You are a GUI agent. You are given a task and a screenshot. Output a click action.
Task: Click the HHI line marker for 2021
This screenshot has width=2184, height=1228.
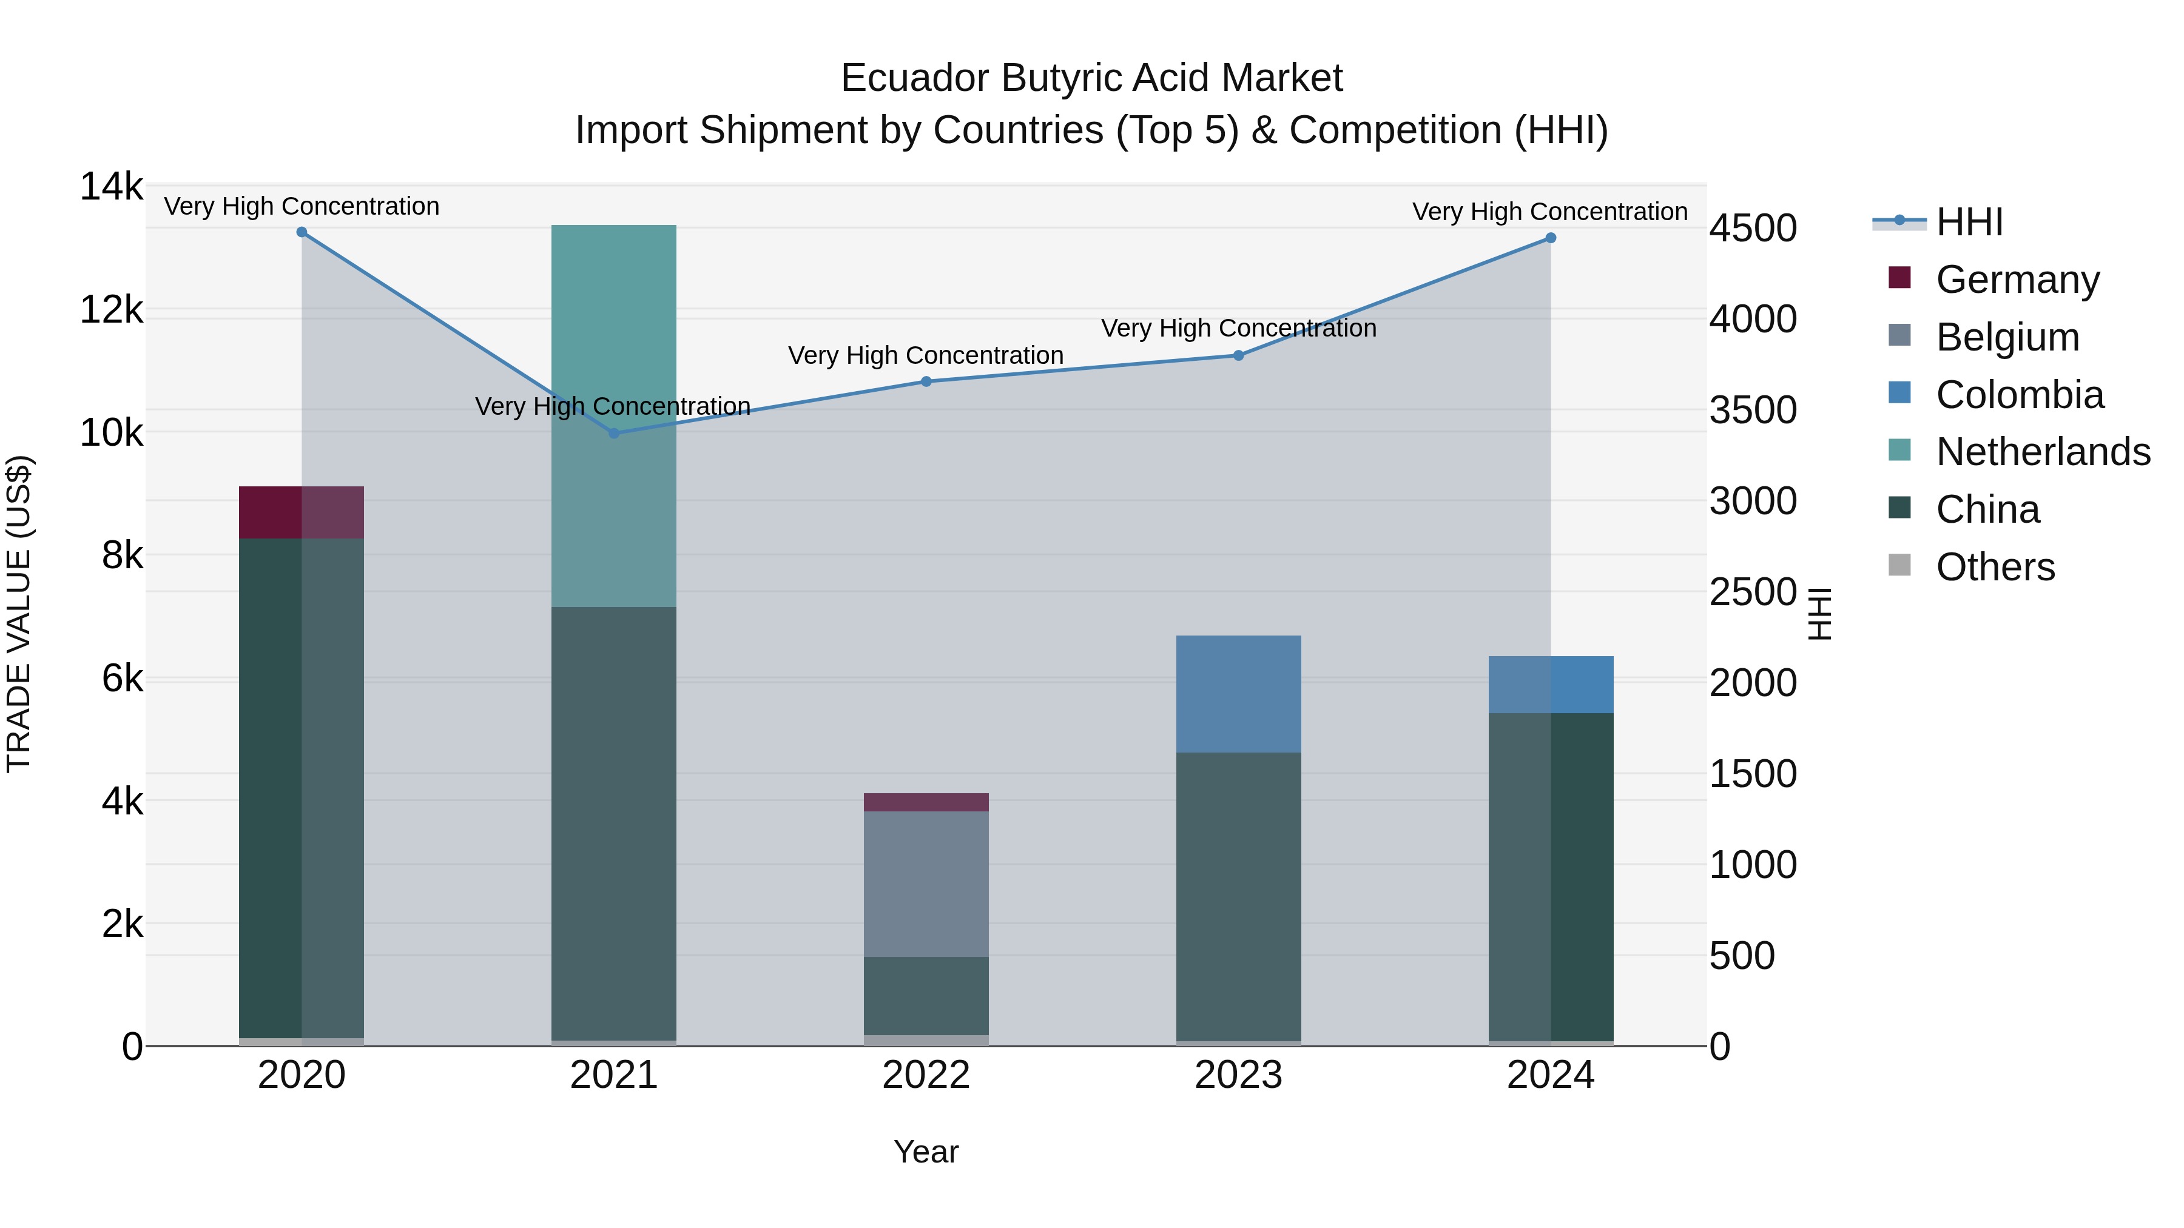(x=614, y=433)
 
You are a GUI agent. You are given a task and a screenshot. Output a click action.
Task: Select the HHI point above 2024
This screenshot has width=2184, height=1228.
(x=1551, y=238)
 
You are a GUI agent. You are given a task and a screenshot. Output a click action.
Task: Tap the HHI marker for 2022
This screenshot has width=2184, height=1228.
(x=926, y=381)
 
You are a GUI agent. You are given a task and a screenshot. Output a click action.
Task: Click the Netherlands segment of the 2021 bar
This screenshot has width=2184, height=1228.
(x=614, y=415)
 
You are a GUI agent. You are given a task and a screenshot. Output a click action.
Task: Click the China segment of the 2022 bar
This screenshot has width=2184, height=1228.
(x=926, y=995)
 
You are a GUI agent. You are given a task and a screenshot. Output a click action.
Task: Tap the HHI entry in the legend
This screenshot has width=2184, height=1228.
(x=1969, y=222)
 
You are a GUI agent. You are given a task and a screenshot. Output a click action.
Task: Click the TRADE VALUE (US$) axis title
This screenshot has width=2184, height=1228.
(x=19, y=614)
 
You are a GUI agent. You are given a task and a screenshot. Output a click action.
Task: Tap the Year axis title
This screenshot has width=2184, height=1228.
(x=926, y=1152)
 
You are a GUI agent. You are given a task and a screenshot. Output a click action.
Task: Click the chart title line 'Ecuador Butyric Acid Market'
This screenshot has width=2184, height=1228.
(x=1091, y=78)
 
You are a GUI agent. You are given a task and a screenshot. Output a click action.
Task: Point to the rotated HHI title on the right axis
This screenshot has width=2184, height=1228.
(x=1820, y=614)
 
